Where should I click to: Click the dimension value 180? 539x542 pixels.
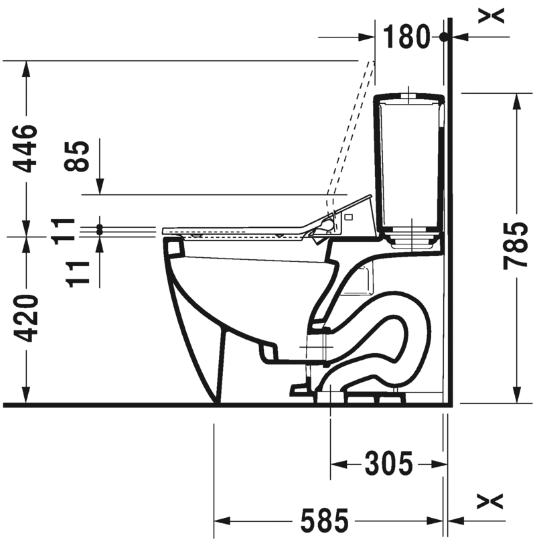click(406, 36)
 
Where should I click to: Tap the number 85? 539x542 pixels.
click(76, 156)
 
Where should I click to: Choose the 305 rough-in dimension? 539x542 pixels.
click(389, 464)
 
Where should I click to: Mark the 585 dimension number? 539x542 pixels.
click(324, 520)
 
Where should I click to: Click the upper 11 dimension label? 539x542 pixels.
click(62, 231)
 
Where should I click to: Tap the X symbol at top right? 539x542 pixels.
click(491, 15)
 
